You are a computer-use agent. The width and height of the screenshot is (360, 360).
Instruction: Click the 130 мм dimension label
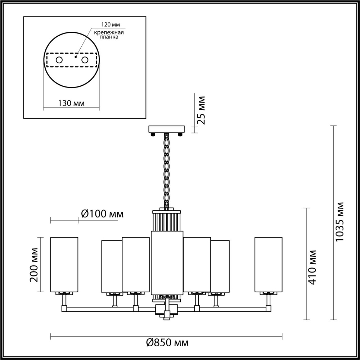(x=71, y=103)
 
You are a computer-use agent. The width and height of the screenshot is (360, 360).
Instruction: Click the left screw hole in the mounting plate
(x=59, y=60)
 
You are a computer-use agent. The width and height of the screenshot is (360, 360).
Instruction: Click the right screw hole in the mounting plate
(x=85, y=60)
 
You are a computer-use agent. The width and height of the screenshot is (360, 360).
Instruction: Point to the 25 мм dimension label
(x=202, y=110)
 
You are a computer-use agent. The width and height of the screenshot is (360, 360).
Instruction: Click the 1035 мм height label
(x=339, y=221)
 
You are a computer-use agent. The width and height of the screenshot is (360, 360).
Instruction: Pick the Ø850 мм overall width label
(x=167, y=342)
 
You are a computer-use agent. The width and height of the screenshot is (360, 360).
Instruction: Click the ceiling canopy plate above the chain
(x=166, y=129)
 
